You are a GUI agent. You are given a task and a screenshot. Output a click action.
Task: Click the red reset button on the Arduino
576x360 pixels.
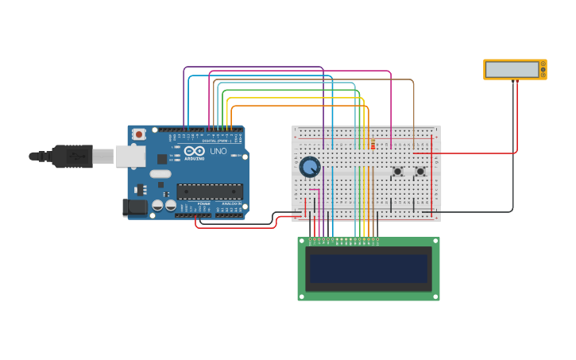[x=139, y=134]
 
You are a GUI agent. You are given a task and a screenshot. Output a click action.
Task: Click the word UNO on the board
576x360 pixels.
[x=218, y=151]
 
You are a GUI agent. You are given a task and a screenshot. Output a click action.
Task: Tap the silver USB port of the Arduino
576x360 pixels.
[x=130, y=157]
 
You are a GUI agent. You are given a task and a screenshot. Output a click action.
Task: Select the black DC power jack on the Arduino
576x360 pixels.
[x=135, y=207]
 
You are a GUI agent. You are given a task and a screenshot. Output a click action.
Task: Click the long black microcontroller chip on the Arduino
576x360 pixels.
[x=210, y=191]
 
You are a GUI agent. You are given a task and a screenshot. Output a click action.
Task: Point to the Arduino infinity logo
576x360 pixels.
[x=195, y=150]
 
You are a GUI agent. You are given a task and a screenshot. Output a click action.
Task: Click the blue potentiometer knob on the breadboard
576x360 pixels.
[x=309, y=167]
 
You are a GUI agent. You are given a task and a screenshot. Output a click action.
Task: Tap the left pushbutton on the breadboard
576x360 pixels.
[x=397, y=171]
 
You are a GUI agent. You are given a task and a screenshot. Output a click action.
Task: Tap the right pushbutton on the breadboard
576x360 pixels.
[x=420, y=171]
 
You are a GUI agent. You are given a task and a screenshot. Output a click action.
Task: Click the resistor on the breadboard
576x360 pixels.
[x=373, y=144]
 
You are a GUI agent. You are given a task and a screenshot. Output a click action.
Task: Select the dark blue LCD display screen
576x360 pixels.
[x=369, y=269]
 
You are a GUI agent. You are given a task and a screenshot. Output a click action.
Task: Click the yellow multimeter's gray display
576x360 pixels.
[x=512, y=69]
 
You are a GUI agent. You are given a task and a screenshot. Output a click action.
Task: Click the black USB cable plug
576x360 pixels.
[x=72, y=157]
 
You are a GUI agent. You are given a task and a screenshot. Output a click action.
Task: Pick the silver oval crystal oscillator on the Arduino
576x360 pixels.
[x=160, y=173]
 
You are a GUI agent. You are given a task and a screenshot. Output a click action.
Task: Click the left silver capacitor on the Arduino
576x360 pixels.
[x=157, y=205]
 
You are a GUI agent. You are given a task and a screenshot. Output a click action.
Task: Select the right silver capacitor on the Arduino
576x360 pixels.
[x=170, y=205]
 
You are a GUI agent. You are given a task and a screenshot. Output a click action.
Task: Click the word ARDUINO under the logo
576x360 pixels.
[x=195, y=158]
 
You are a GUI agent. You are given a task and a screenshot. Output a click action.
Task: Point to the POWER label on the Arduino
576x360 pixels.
[x=203, y=204]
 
